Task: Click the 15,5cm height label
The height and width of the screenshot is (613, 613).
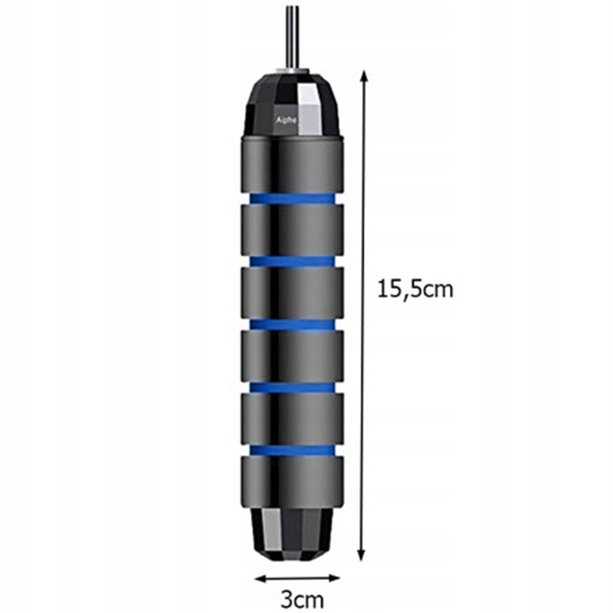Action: tap(415, 289)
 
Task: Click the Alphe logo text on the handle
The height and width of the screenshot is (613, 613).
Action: tap(287, 120)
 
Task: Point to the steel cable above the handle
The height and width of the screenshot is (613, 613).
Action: tap(291, 34)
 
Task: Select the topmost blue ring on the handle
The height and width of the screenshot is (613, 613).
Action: tap(292, 199)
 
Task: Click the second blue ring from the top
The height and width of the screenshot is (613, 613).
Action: tap(292, 261)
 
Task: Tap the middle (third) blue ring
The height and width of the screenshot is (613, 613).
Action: tap(292, 324)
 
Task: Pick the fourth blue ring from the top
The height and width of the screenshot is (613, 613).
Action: tap(292, 387)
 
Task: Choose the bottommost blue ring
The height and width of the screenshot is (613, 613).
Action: tap(292, 450)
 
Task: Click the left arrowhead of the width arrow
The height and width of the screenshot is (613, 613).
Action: tap(259, 576)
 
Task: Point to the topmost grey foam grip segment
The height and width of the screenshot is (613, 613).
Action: tap(292, 164)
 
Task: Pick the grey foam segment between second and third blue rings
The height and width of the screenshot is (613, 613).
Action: tap(292, 293)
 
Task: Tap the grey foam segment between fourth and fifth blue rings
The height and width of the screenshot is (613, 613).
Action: tap(292, 418)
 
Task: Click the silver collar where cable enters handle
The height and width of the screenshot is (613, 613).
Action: tap(291, 70)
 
